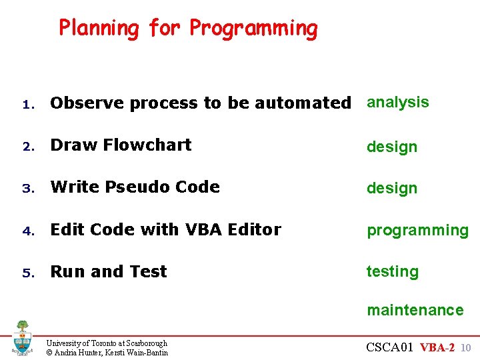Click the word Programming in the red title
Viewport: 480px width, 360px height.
point(253,29)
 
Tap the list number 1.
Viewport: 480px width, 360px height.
point(27,104)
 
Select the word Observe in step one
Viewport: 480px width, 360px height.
point(87,103)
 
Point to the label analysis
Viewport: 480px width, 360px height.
point(398,102)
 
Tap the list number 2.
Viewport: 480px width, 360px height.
point(27,146)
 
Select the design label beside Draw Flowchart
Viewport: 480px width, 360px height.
point(392,147)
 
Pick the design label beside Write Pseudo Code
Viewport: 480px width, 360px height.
point(392,189)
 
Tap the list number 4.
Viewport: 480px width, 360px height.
point(27,231)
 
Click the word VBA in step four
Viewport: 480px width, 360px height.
point(201,229)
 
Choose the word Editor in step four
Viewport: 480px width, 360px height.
point(254,229)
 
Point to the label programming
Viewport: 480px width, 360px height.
point(418,231)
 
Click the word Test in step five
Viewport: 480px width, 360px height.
point(147,271)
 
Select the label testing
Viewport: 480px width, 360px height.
point(393,272)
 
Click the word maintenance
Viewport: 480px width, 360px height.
point(415,310)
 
